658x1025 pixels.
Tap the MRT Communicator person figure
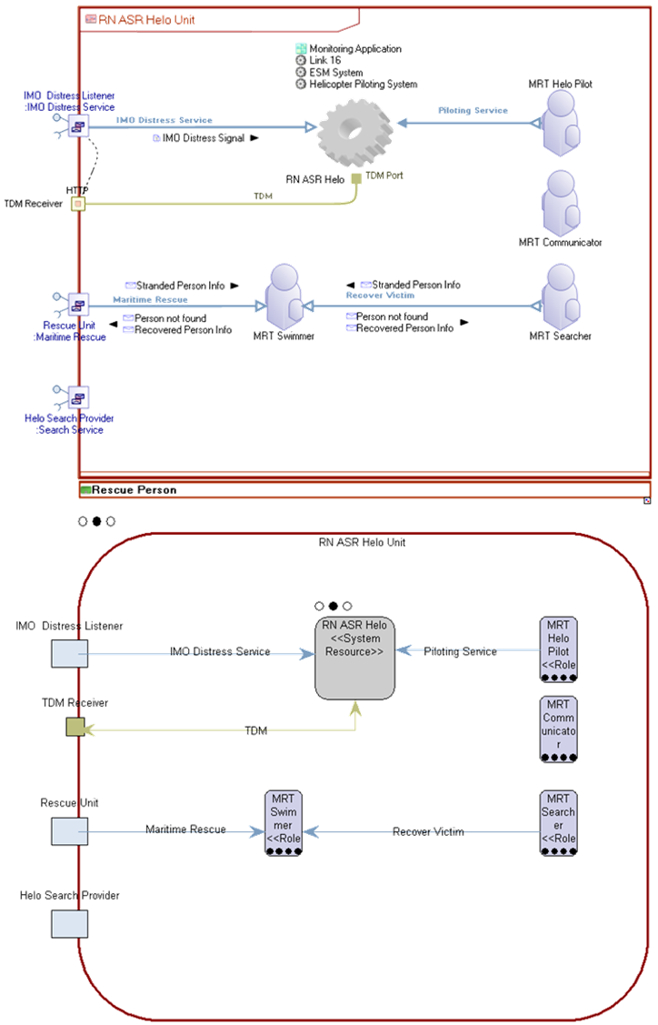[561, 203]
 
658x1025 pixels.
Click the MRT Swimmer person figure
[284, 297]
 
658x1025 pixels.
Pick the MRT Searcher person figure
[561, 297]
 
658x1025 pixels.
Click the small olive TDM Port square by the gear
[356, 176]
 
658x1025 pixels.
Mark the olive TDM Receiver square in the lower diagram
[75, 727]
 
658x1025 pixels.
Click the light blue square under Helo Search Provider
[70, 923]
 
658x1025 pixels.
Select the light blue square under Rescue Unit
[70, 830]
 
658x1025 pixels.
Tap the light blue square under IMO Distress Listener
[70, 653]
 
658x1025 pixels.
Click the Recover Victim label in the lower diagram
[428, 831]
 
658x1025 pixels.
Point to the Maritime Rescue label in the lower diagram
[185, 829]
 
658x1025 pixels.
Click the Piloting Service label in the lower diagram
[460, 652]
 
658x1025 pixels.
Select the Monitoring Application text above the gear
[354, 49]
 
